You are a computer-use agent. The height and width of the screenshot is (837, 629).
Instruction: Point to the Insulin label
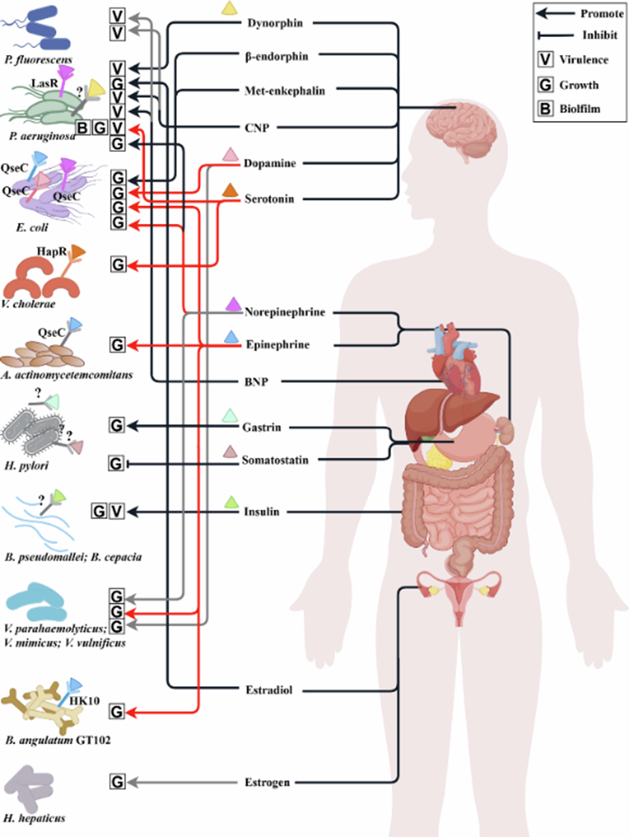(x=262, y=512)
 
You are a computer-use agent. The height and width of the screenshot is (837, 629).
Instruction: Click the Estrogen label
(x=267, y=782)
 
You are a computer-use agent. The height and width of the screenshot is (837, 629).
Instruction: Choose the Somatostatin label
(x=274, y=460)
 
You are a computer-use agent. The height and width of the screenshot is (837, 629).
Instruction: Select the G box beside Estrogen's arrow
(x=116, y=782)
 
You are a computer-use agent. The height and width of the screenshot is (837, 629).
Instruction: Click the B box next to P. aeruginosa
(x=83, y=128)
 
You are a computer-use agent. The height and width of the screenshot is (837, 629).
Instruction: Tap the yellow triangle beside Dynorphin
(x=230, y=7)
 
